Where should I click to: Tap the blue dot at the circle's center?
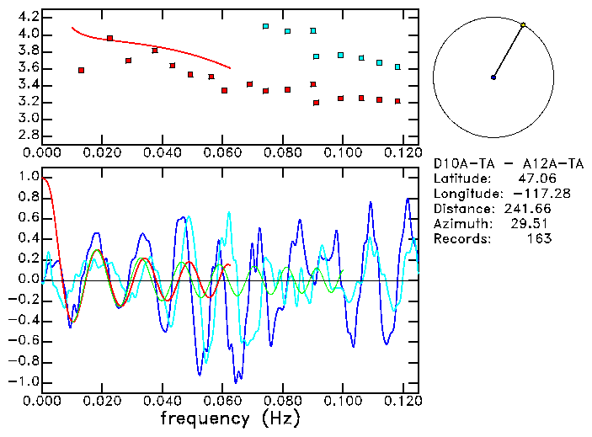493,77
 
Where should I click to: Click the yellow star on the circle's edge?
523,25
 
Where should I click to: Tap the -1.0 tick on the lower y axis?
25,381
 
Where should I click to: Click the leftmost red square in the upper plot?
81,71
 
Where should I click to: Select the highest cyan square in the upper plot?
265,26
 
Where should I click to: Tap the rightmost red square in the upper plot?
397,101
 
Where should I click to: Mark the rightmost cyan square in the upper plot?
397,67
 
